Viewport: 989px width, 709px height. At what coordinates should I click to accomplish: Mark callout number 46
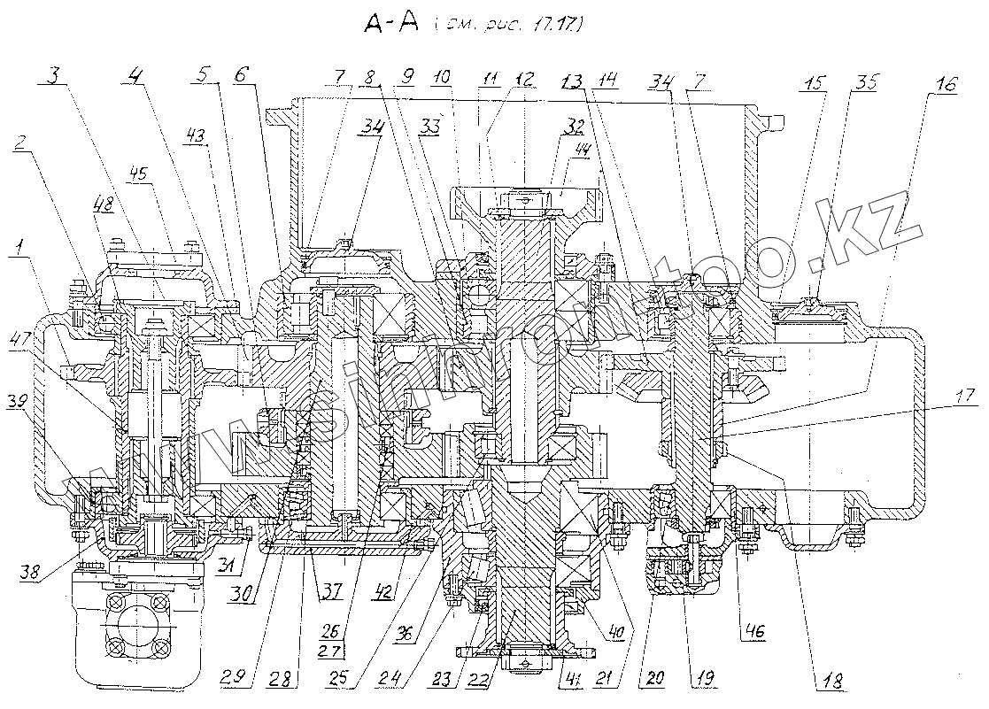[x=755, y=632]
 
